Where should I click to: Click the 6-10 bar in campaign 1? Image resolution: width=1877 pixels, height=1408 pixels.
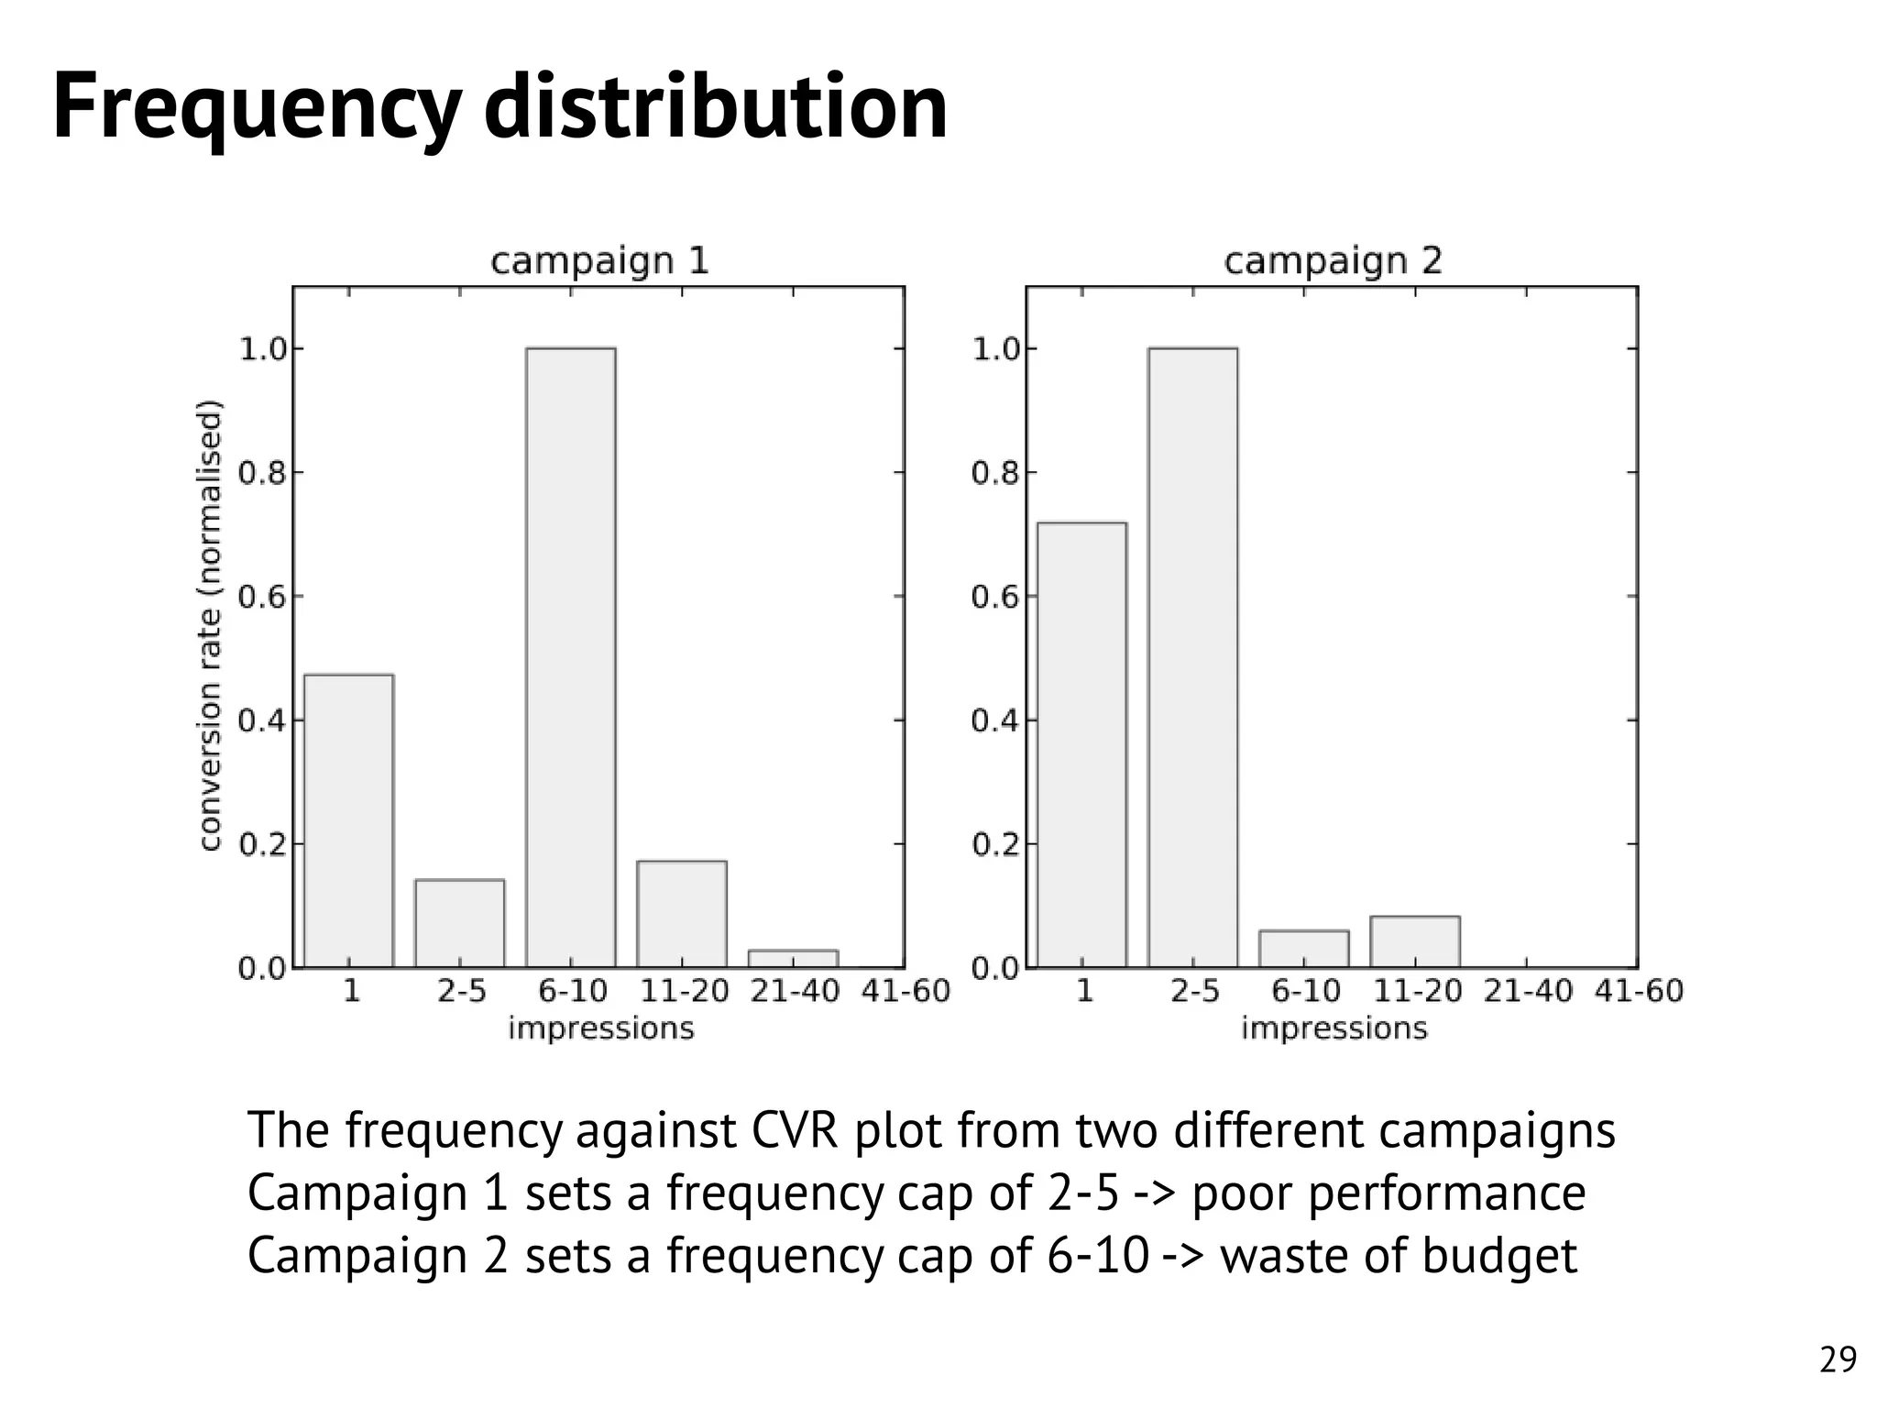click(570, 657)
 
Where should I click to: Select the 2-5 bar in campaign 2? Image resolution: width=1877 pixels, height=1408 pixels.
click(1192, 657)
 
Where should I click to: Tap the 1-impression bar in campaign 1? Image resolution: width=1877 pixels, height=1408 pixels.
click(348, 820)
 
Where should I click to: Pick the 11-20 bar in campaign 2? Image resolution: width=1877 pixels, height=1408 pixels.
click(1415, 941)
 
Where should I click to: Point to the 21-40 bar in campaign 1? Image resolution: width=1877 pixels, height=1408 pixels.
click(793, 958)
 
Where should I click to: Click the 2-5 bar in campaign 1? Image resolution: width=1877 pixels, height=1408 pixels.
click(459, 923)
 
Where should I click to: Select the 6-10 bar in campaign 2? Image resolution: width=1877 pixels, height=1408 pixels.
click(1303, 949)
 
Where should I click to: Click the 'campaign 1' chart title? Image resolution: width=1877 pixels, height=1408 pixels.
click(599, 261)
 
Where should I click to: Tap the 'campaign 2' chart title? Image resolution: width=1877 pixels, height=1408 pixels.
click(1333, 261)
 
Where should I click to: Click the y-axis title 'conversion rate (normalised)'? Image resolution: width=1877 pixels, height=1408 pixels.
click(210, 625)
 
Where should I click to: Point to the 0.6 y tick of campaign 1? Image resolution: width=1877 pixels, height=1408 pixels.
click(260, 598)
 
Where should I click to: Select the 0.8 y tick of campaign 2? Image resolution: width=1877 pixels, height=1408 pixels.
click(993, 474)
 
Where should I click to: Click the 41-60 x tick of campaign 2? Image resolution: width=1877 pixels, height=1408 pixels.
click(1639, 992)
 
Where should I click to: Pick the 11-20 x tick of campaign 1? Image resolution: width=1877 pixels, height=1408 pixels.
click(684, 992)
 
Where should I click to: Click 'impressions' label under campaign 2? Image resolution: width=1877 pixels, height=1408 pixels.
click(1334, 1028)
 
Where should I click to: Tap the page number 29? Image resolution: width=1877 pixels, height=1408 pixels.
click(1838, 1360)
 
